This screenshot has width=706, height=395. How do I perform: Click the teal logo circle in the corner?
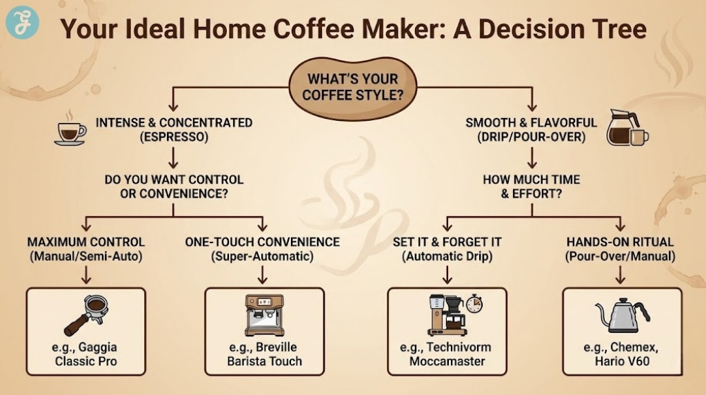coord(22,23)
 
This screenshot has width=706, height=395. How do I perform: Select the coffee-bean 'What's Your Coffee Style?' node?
coord(353,87)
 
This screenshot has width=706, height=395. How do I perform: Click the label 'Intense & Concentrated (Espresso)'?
coord(174,130)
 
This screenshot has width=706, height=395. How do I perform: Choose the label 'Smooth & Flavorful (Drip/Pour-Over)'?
coord(531,130)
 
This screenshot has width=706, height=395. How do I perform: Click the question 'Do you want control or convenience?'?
coord(174,186)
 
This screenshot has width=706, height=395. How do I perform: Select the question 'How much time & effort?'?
coord(531,186)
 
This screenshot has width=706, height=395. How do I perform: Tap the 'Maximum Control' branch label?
coord(86,249)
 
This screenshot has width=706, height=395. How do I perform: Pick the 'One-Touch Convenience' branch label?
coord(262,249)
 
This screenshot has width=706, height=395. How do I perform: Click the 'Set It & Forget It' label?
coord(447,249)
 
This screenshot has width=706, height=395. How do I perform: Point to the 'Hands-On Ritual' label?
coord(620,249)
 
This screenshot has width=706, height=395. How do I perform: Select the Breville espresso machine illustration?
coord(264,315)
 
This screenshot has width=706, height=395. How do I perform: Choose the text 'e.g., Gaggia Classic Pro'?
coord(85,354)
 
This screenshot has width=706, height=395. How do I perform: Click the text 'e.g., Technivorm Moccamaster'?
coord(446,354)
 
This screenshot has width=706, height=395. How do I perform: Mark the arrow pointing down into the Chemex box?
coord(620,275)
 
